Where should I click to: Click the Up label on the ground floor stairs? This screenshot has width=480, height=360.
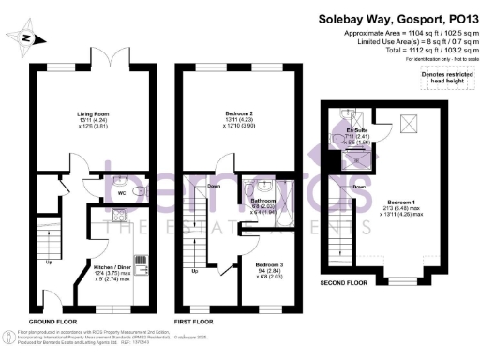[x=48, y=262]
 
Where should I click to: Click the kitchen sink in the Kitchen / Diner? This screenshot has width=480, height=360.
[x=120, y=217]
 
